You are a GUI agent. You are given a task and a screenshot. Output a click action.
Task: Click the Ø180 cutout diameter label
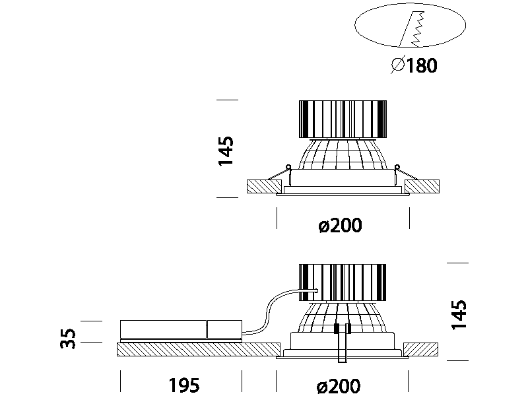click(414, 65)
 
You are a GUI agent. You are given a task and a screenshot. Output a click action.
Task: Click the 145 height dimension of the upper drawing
click(226, 151)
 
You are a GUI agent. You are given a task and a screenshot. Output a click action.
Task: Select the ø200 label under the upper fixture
click(340, 226)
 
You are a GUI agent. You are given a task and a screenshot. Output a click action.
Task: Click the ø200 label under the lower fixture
click(340, 386)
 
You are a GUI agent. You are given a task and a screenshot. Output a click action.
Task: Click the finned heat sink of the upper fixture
click(342, 119)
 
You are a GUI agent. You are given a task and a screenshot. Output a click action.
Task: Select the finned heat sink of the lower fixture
click(342, 283)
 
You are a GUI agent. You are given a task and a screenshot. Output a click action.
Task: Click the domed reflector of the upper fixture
click(342, 155)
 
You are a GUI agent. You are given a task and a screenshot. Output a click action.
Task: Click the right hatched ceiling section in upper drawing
click(424, 186)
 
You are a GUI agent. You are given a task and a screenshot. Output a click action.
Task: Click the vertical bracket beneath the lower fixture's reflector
click(341, 343)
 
